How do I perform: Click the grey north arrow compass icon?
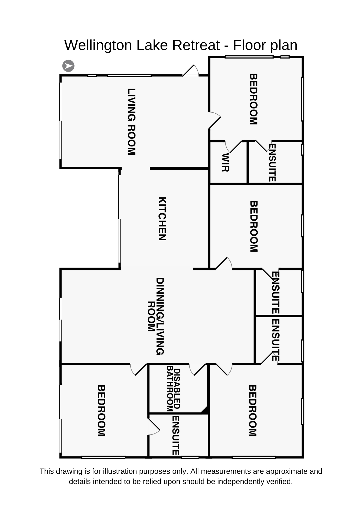coord(68,66)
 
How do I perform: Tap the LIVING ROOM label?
coord(131,122)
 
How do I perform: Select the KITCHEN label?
coord(162,219)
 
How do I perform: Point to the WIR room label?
coord(225,162)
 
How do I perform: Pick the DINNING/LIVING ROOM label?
coord(156,316)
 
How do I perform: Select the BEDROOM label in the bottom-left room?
coord(101,410)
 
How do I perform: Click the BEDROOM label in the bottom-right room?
coord(253,410)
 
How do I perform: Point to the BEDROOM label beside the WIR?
coord(253,99)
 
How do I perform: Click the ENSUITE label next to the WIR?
coord(272,163)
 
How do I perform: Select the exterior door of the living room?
coord(191,71)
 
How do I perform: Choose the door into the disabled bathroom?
coord(197,369)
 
